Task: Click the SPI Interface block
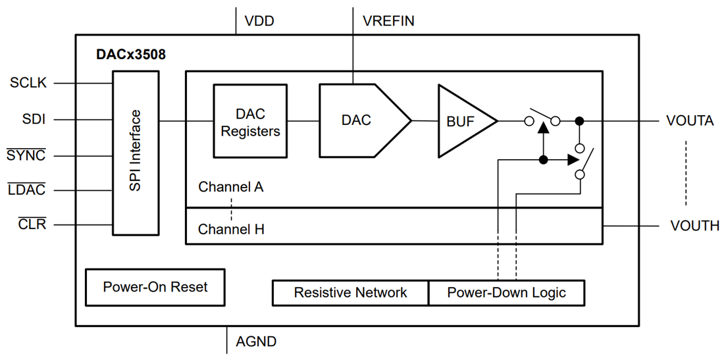coord(136,151)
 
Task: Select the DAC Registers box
coord(250,122)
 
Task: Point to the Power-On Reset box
coord(155,287)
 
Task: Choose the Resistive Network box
coord(350,292)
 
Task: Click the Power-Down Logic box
coord(506,292)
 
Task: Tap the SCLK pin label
coord(28,84)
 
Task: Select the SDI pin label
coord(34,120)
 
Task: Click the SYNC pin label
coord(26,156)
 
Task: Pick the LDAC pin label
coord(26,191)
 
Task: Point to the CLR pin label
coord(32,225)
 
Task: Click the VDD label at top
coord(259,21)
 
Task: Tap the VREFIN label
coord(388,21)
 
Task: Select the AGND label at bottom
coord(256,342)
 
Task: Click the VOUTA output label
coord(689,121)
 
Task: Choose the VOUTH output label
coord(694,226)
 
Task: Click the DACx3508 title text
coord(131,55)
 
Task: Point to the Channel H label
coord(231,230)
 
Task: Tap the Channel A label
coord(231,187)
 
